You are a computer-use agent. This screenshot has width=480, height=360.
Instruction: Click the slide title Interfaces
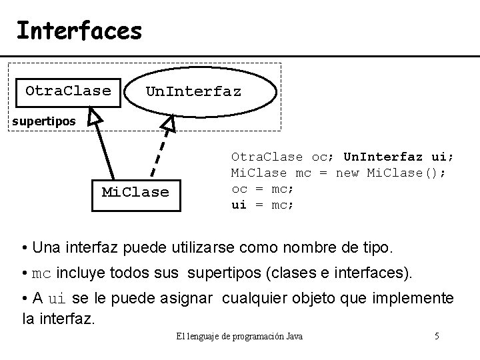79,30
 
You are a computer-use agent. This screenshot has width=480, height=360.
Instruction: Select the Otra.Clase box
68,91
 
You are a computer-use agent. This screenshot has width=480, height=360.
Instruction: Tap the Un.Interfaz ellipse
193,91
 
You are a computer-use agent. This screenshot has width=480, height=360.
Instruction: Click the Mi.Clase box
135,193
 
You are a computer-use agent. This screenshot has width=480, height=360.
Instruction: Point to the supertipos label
43,121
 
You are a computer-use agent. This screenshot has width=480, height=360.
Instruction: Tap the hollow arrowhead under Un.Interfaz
169,123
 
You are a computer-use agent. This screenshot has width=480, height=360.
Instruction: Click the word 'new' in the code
347,173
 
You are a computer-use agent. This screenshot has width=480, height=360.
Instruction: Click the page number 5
436,336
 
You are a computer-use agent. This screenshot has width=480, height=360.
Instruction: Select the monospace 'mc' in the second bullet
41,274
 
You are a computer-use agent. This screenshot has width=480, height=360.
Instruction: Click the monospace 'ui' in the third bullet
58,298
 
